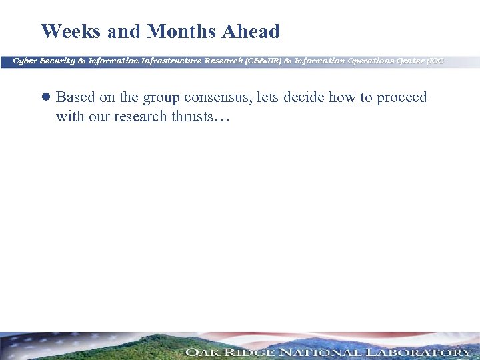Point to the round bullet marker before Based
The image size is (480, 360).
coord(46,97)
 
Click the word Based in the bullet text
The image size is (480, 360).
coord(75,97)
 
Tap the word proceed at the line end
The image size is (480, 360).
coord(401,98)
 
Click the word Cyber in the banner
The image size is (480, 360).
coord(25,61)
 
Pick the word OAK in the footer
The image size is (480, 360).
coord(202,352)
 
